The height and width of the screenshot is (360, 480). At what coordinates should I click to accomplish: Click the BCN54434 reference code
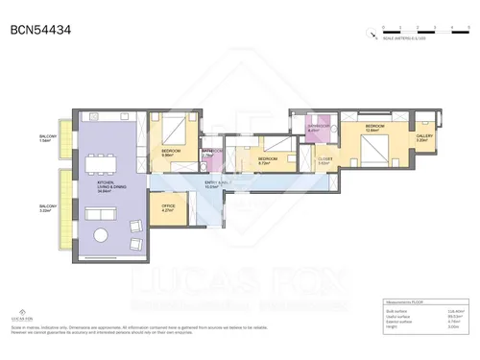(39, 30)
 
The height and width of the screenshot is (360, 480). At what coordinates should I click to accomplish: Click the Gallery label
(423, 138)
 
